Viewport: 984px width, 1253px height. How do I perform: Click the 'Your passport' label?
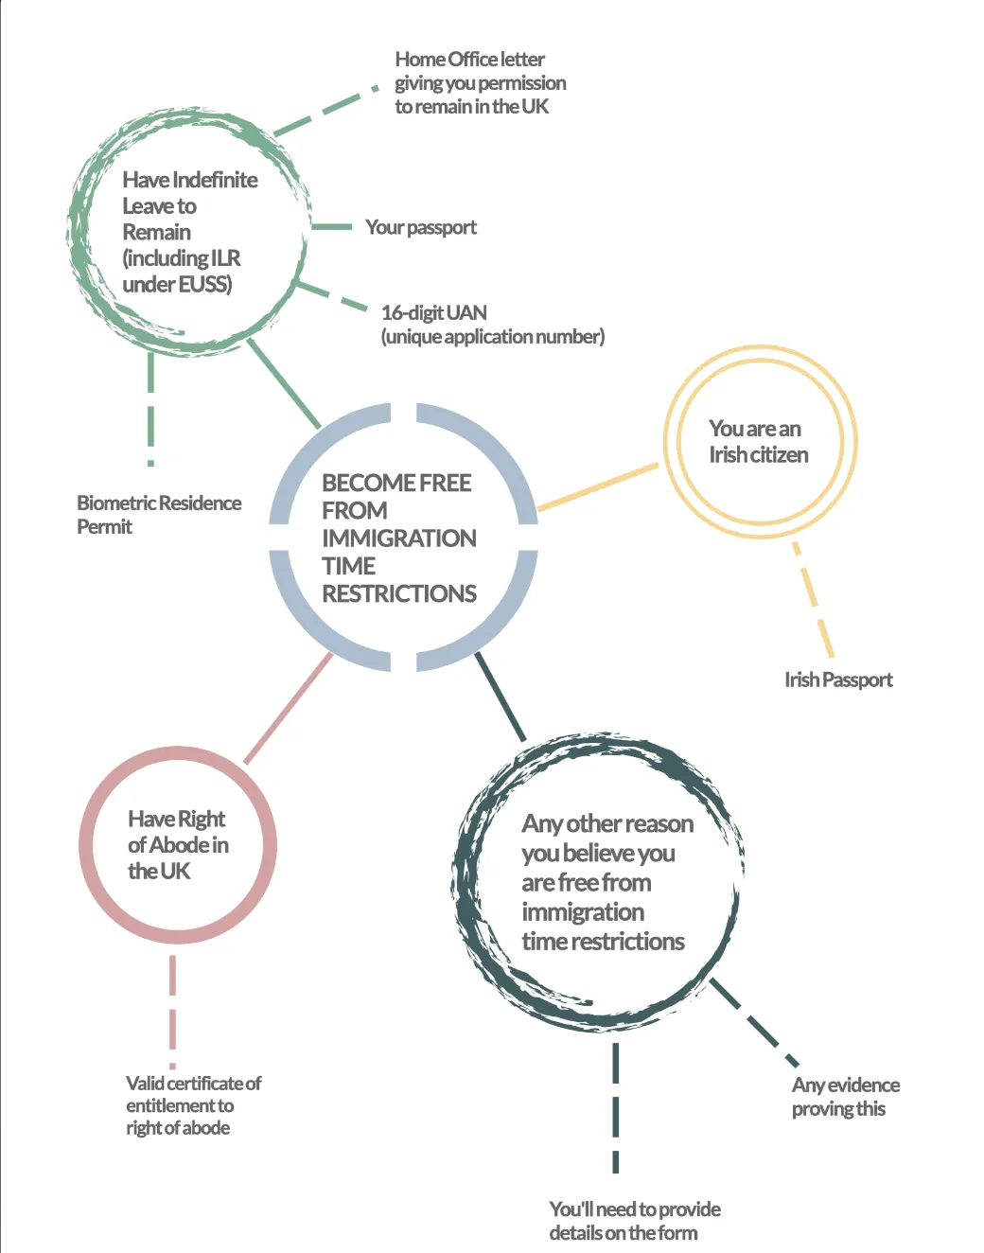(x=420, y=227)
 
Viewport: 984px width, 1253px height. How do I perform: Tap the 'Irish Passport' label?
(x=838, y=679)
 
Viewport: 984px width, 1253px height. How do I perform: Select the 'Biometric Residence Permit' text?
(x=158, y=514)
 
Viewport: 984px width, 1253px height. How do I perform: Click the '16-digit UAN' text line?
(x=434, y=312)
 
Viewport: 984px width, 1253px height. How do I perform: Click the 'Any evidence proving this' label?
(x=845, y=1096)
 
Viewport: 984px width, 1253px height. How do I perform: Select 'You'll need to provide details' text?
(x=634, y=1220)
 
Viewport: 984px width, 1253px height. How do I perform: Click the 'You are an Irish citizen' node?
(x=758, y=442)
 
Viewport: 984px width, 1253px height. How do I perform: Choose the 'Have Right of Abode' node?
(x=178, y=844)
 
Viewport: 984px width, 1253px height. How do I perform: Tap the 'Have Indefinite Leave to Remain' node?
(x=189, y=232)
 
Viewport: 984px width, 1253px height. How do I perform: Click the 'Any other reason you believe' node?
(x=603, y=882)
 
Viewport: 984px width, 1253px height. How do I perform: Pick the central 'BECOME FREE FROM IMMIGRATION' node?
(x=399, y=538)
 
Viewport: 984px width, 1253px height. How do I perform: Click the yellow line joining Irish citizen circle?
(x=598, y=487)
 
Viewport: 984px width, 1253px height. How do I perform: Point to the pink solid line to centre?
(x=289, y=708)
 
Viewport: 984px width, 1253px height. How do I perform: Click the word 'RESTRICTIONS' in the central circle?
(x=399, y=593)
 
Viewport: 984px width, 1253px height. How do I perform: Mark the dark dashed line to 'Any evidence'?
(x=755, y=1024)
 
